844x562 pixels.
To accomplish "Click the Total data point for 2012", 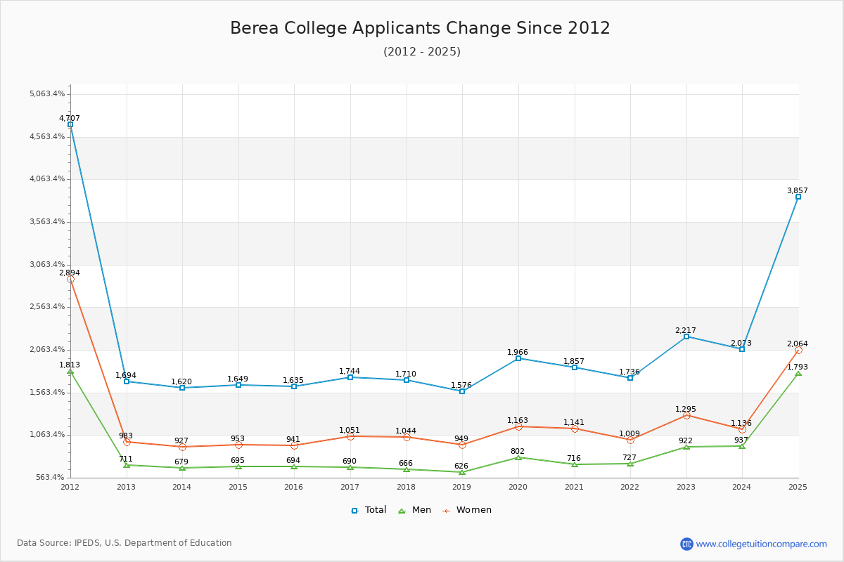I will [70, 124].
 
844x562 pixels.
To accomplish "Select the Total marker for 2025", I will [798, 197].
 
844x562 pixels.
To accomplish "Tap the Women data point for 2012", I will [70, 279].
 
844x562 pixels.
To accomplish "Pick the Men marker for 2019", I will [462, 472].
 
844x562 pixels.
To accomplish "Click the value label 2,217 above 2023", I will [686, 331].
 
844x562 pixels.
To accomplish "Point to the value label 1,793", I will [798, 367].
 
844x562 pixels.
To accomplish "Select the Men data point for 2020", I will [518, 457].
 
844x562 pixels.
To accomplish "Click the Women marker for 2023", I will [686, 415].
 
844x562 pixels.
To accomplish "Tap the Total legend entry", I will [369, 510].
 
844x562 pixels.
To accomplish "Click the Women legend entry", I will [467, 510].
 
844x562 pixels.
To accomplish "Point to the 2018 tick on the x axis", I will [406, 487].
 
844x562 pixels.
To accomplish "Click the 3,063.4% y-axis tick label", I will [48, 264].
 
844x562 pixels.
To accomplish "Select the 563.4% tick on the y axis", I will [51, 478].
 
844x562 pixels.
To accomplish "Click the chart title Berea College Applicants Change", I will [420, 28].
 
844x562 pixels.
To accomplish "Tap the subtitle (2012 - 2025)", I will [421, 51].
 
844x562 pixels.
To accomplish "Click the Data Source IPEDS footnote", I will [124, 543].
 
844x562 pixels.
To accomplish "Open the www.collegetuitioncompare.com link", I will [761, 544].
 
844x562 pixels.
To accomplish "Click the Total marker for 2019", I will [462, 391].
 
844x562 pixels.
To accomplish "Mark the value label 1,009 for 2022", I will [630, 433].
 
